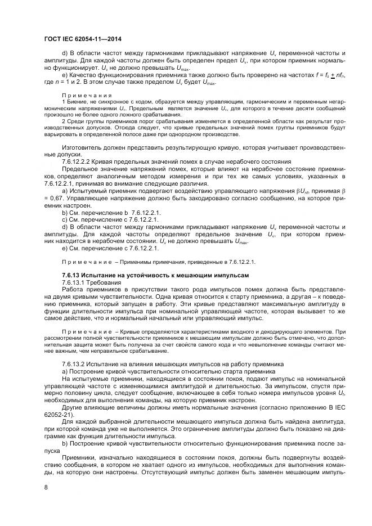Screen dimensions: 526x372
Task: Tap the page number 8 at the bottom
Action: point(47,488)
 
